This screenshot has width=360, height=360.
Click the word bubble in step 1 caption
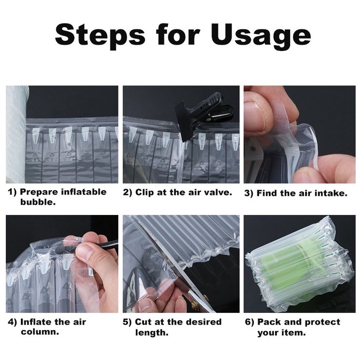coord(38,202)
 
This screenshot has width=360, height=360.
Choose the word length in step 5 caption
coord(151,332)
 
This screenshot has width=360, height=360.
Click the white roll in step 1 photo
coord(16,134)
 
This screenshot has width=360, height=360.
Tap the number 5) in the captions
coord(127,322)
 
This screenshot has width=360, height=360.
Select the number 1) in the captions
coord(12,192)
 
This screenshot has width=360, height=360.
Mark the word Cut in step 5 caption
coord(143,322)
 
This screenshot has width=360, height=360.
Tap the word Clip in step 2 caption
coord(145,193)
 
